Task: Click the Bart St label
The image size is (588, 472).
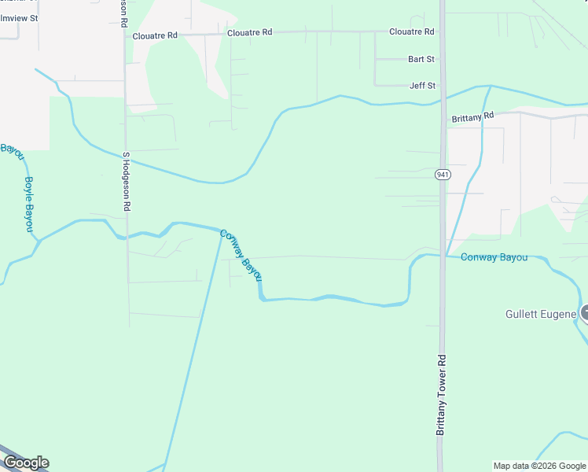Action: pos(421,59)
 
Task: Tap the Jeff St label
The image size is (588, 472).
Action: pos(422,86)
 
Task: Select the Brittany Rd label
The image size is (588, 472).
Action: pos(472,116)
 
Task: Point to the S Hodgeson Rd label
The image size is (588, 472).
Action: pos(126,181)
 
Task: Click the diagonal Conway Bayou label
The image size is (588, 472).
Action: pos(241,255)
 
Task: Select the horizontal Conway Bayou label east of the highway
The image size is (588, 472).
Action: pos(494,257)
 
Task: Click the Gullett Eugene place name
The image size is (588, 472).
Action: pos(540,314)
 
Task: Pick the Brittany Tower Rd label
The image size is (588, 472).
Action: pos(442,394)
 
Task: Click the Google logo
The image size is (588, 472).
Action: pos(26,463)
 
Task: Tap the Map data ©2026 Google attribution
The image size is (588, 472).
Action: pos(539,466)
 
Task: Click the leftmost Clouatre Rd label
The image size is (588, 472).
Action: pos(155,35)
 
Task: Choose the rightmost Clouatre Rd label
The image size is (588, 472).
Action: pos(412,31)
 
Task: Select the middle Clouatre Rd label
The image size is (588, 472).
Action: pos(249,33)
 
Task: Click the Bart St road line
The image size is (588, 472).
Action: pos(390,59)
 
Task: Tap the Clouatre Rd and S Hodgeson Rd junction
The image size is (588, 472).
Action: pos(124,35)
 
